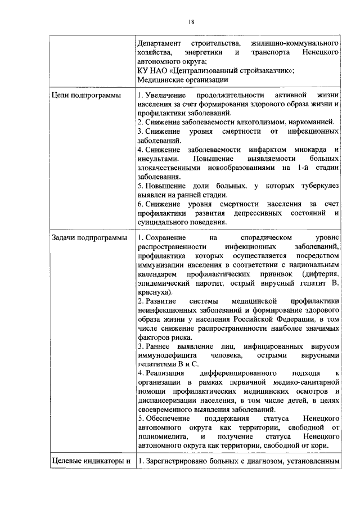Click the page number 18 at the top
191,21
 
